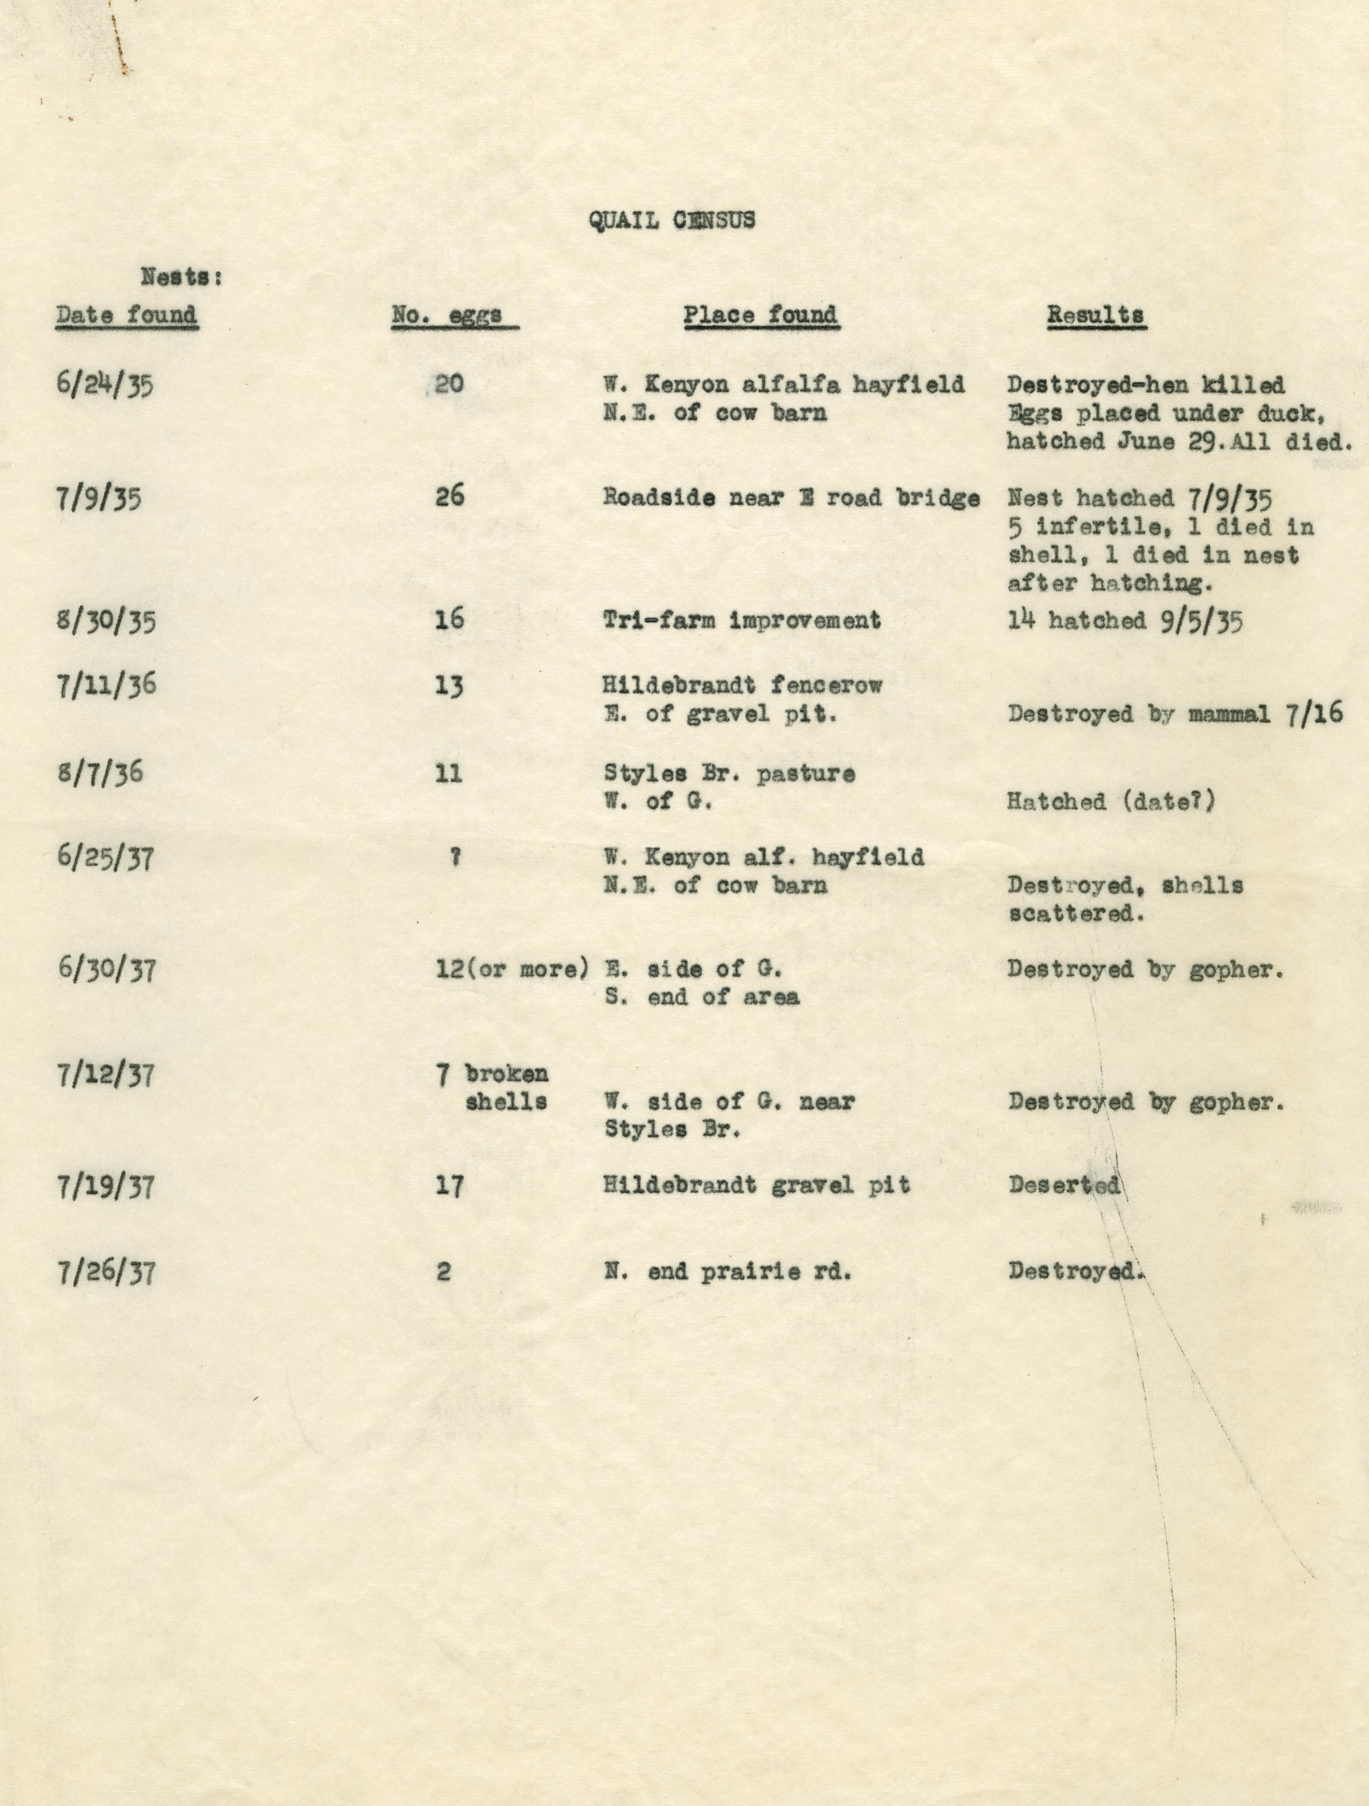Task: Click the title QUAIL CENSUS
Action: tap(672, 221)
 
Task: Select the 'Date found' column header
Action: tap(126, 315)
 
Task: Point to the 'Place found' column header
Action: tap(760, 315)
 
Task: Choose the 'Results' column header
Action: tap(1096, 315)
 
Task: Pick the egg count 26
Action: tap(450, 496)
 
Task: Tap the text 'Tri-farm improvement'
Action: tap(742, 620)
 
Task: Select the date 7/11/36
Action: tap(106, 684)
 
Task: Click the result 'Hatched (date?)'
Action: tap(1111, 802)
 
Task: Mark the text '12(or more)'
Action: tap(512, 969)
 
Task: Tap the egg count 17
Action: tap(450, 1186)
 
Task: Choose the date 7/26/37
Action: tap(106, 1272)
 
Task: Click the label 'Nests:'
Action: tap(181, 277)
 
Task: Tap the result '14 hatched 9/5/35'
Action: tap(1125, 621)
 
